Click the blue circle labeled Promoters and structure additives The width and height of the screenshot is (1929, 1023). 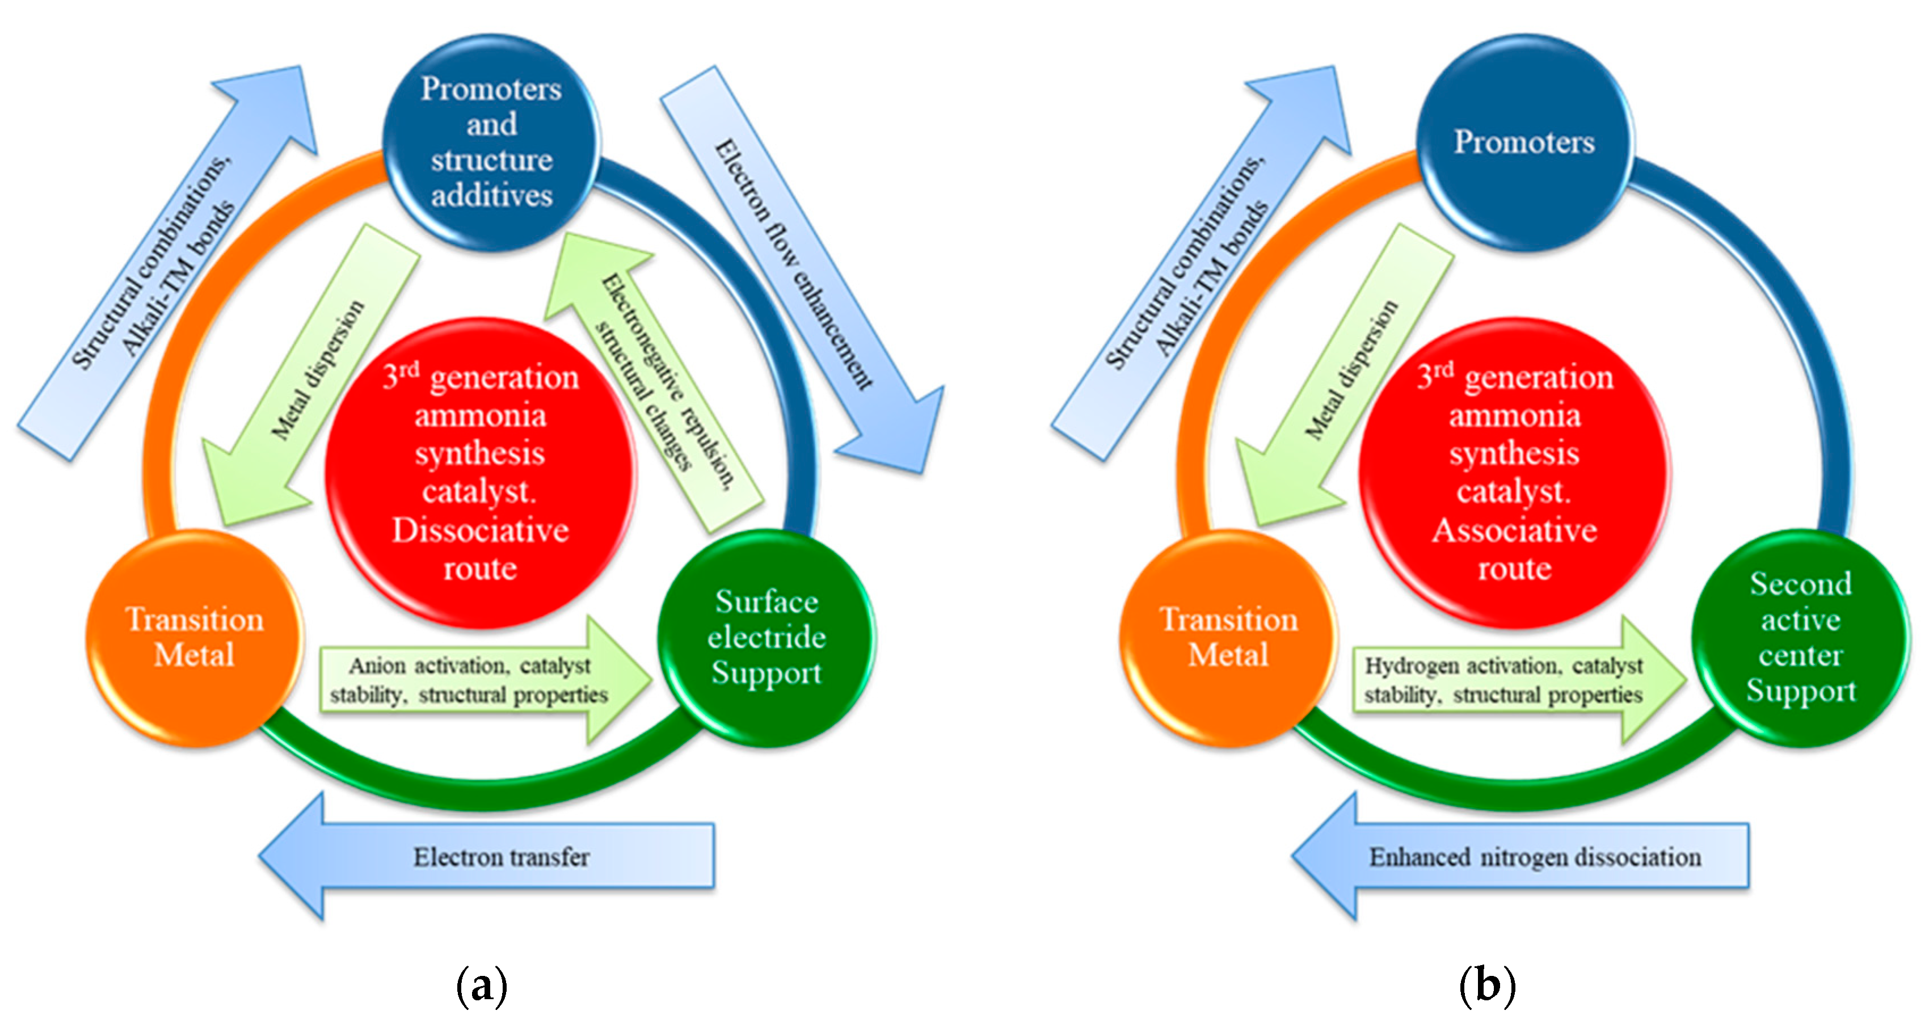(491, 142)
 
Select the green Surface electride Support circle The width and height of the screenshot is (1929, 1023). (766, 638)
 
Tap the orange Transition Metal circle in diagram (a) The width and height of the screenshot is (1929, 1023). (195, 638)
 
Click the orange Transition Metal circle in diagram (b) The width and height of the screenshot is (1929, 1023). (1228, 638)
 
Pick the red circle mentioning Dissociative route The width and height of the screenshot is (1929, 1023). (480, 472)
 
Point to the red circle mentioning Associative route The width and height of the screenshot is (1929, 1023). (1514, 472)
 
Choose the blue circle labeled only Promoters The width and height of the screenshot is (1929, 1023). (1524, 142)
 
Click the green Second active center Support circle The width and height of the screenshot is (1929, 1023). (1800, 638)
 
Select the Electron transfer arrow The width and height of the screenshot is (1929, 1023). (494, 856)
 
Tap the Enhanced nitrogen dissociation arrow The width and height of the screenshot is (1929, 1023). (1528, 856)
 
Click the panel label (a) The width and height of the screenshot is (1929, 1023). (482, 986)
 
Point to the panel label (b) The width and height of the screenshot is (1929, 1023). (1487, 986)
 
